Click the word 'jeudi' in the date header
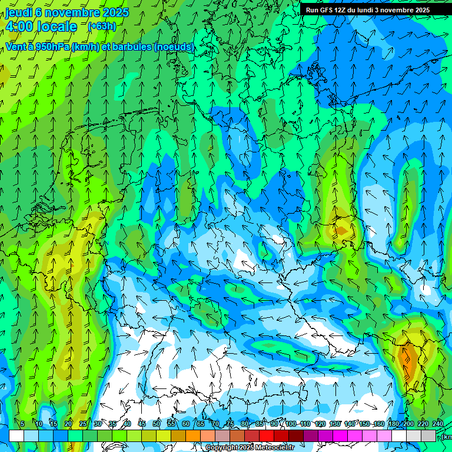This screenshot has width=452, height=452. click(19, 12)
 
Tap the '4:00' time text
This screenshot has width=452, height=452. click(20, 26)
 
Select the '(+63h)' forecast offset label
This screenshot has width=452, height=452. click(102, 26)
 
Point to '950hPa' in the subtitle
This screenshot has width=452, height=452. click(52, 46)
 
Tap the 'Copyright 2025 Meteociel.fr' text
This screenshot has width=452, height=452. click(250, 448)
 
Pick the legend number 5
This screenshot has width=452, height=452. click(22, 424)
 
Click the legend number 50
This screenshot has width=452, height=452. click(157, 424)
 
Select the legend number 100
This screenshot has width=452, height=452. click(291, 424)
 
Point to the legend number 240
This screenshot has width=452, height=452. click(438, 424)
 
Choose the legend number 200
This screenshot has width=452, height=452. click(408, 424)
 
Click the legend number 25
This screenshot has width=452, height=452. click(83, 424)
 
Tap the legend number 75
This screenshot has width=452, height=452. click(230, 424)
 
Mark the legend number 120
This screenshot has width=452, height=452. click(320, 424)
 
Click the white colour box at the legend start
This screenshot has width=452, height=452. click(16, 436)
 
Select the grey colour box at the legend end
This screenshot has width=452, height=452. click(428, 436)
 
